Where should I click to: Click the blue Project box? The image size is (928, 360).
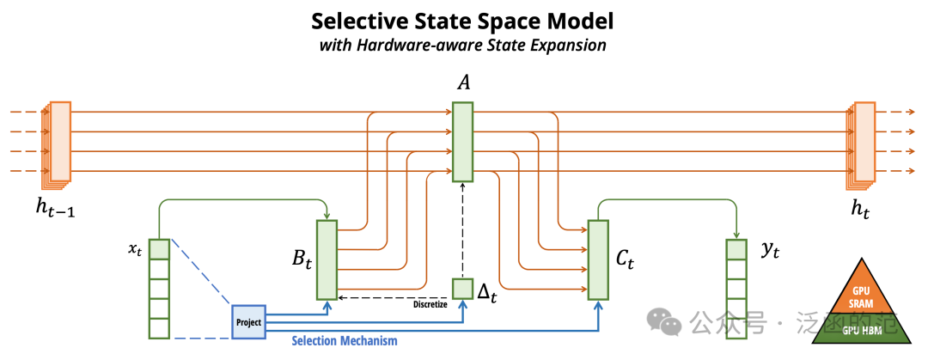pos(248,322)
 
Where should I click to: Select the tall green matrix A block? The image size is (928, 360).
pos(463,142)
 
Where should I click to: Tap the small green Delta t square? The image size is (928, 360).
pos(463,289)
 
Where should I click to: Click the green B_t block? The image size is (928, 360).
pos(327,260)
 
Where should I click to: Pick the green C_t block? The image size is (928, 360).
pos(598,260)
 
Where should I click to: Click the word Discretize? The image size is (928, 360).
pos(430,305)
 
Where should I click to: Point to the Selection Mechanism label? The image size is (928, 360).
pos(345,341)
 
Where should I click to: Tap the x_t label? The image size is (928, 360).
pos(136,248)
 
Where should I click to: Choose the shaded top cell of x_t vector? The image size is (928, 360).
pos(159,248)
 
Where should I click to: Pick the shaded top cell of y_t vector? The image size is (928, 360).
pos(736,248)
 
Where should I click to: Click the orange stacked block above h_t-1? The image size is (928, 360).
pos(56,143)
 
